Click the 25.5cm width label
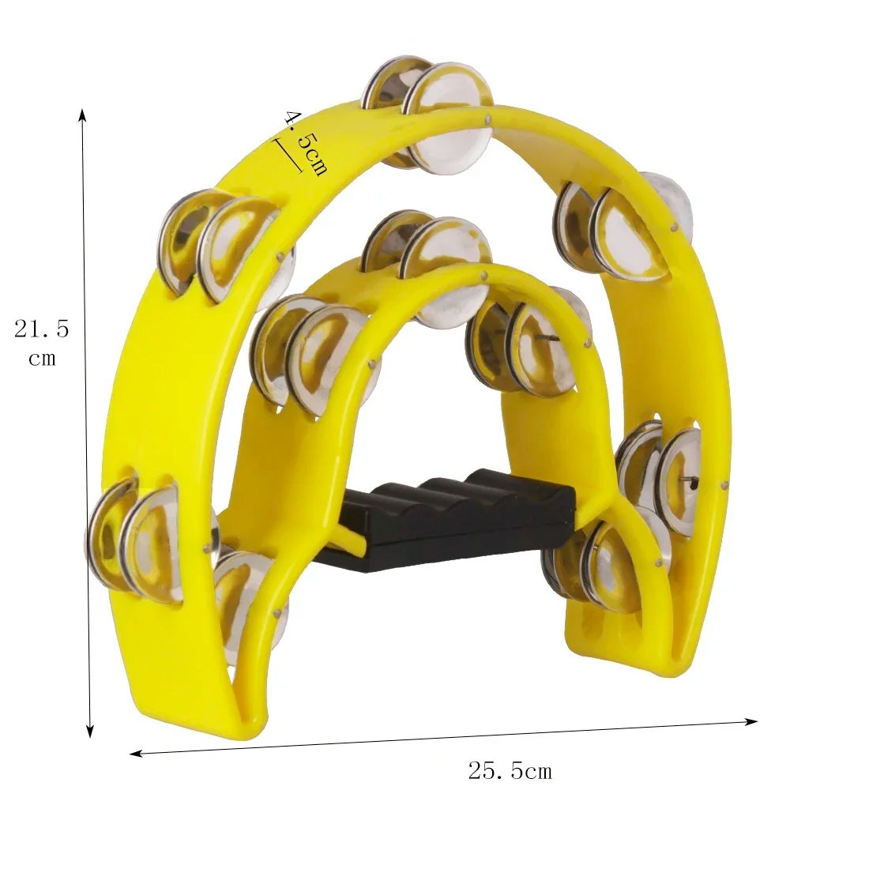(x=510, y=771)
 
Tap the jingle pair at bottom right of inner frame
(x=600, y=565)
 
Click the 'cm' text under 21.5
(x=42, y=358)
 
